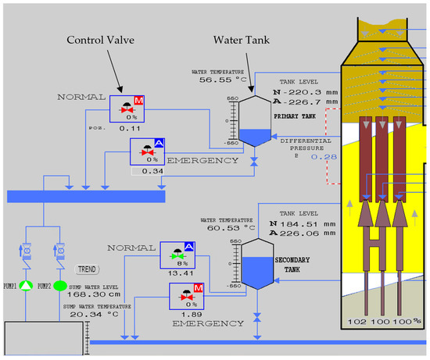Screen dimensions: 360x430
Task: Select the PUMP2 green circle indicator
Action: point(59,286)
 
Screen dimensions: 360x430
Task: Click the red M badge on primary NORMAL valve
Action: point(139,102)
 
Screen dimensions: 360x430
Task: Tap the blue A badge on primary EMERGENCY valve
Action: point(159,144)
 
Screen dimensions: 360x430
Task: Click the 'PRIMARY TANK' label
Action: point(295,115)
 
